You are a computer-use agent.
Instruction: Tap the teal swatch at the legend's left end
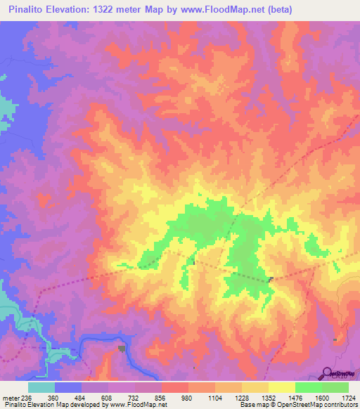[x=41, y=387]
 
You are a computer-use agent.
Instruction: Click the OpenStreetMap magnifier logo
[x=328, y=374]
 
